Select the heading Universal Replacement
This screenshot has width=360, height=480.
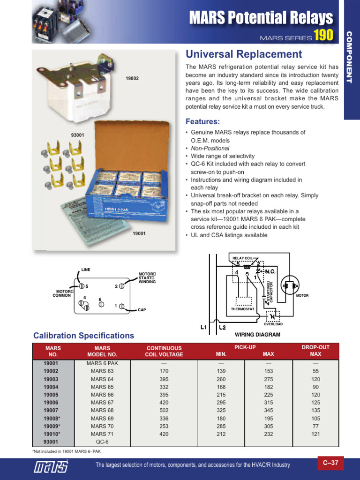(244, 54)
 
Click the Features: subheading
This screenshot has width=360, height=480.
(203, 122)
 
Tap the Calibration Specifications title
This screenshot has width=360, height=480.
(83, 336)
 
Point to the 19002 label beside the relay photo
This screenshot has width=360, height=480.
(132, 78)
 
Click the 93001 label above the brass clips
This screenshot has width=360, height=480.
(77, 135)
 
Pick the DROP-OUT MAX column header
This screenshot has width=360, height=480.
(315, 351)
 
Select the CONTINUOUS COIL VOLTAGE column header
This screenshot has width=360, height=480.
(164, 351)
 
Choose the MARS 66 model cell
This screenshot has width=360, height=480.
(102, 395)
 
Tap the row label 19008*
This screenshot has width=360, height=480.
(52, 418)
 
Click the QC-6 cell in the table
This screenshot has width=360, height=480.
(102, 442)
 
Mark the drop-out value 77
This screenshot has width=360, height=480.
(315, 426)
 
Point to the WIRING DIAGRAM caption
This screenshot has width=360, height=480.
(257, 335)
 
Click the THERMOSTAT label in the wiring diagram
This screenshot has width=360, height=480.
(242, 309)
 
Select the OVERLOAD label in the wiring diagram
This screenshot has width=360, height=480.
(273, 324)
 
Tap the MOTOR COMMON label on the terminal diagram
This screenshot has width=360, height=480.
(61, 293)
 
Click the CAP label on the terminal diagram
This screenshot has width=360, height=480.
(142, 310)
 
